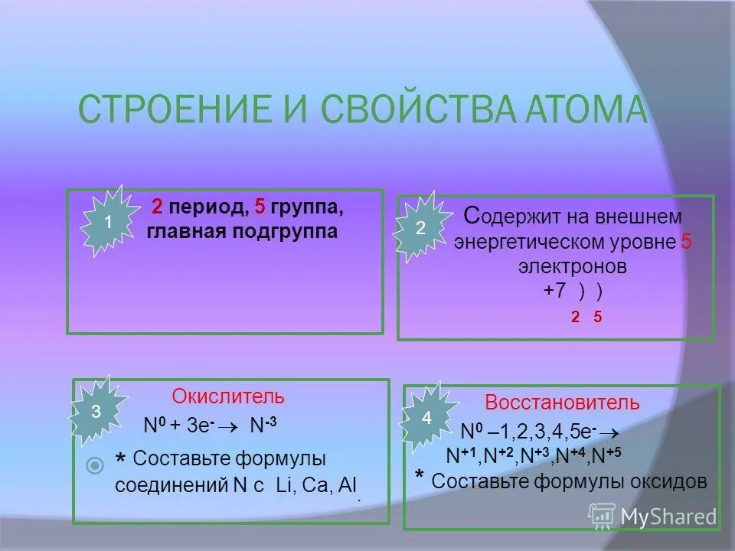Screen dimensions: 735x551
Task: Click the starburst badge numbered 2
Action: pyautogui.click(x=420, y=229)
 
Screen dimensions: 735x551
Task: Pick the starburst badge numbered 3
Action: pyautogui.click(x=96, y=411)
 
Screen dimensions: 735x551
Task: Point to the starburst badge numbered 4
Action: pyautogui.click(x=426, y=418)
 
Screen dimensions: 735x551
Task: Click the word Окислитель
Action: pyautogui.click(x=228, y=397)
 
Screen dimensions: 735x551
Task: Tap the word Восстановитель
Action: pyautogui.click(x=562, y=403)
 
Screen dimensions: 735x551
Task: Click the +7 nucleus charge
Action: pyautogui.click(x=557, y=291)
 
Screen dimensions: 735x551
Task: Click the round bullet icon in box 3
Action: pyautogui.click(x=95, y=464)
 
